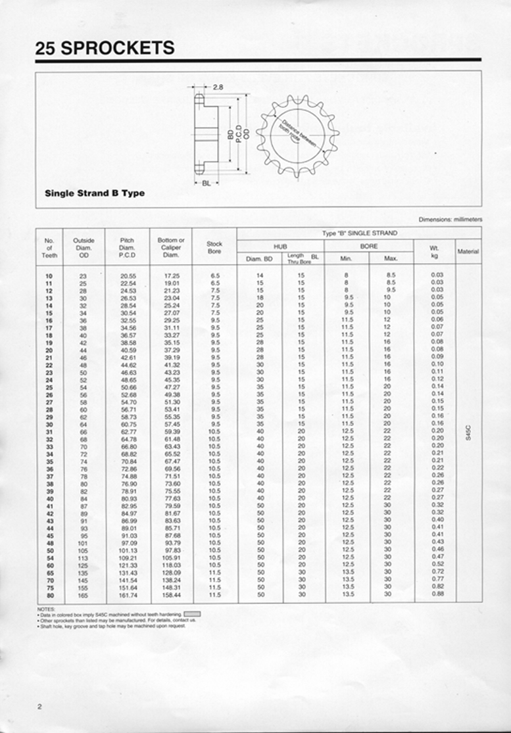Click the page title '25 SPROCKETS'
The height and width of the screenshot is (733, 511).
click(105, 47)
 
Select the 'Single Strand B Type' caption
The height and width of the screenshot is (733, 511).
click(95, 193)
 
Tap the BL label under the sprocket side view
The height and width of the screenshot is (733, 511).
click(206, 183)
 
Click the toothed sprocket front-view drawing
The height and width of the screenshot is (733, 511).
click(297, 135)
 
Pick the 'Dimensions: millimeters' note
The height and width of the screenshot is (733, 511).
click(450, 219)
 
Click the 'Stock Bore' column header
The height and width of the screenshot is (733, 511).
click(214, 247)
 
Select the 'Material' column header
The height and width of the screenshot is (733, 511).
click(468, 251)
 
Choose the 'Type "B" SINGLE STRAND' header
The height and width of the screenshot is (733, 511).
click(359, 233)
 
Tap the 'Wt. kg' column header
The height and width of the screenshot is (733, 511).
click(434, 251)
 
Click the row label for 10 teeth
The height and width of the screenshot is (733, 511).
click(49, 275)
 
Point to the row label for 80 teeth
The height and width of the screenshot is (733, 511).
click(49, 595)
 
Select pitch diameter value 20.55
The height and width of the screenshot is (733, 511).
click(128, 275)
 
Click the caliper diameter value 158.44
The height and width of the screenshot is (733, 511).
click(172, 595)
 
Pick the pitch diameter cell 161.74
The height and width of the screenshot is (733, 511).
click(128, 595)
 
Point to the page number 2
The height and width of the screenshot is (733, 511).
click(39, 706)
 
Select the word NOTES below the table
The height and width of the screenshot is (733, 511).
click(45, 609)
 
